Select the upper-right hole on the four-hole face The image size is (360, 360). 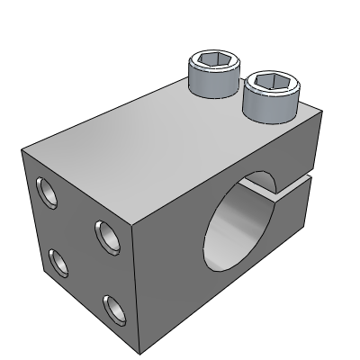coord(105,237)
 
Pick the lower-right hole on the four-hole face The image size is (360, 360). coord(114,312)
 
